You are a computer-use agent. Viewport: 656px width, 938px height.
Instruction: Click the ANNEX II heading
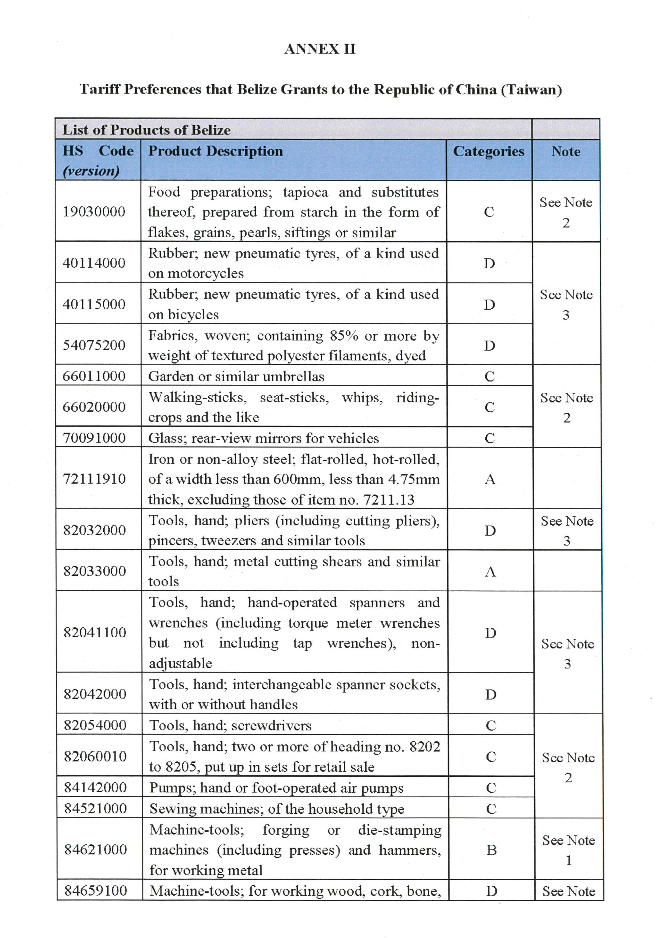click(320, 49)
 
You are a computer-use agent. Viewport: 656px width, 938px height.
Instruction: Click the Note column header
click(566, 152)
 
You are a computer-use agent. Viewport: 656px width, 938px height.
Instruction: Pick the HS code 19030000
click(94, 212)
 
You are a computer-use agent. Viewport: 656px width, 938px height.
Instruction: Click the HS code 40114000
click(94, 263)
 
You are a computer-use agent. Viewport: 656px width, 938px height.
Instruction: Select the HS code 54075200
click(94, 345)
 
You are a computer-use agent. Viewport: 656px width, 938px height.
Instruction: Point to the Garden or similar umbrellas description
click(236, 376)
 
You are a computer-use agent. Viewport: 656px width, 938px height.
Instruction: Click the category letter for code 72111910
click(490, 479)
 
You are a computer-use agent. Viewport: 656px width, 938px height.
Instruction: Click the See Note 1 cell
click(568, 850)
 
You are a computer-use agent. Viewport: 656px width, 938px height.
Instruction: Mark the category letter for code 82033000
click(490, 571)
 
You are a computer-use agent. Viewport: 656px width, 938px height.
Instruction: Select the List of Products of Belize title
click(146, 130)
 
